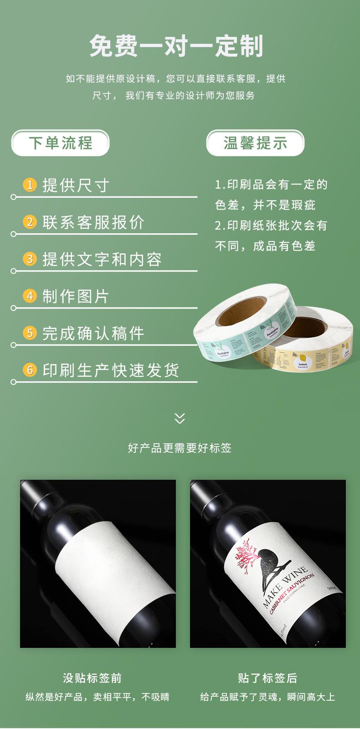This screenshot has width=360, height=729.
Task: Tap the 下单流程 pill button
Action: tap(60, 143)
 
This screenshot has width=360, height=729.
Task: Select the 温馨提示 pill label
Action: tap(255, 143)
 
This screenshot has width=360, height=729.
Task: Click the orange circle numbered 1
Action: tap(30, 185)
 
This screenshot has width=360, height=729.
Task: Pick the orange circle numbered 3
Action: tap(30, 259)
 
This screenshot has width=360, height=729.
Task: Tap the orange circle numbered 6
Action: tap(30, 370)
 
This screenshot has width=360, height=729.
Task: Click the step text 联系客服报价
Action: tap(93, 222)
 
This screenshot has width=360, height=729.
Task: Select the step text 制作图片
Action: tap(76, 296)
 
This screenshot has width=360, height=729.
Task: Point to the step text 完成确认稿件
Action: tap(93, 333)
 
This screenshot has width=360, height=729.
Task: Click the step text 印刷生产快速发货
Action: tap(111, 370)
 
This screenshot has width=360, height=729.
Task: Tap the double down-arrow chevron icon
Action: tap(180, 418)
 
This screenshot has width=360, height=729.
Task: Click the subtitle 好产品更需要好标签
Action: tap(180, 448)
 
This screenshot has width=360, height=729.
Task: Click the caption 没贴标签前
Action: tap(93, 678)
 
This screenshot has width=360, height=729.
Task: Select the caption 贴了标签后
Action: tap(267, 678)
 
